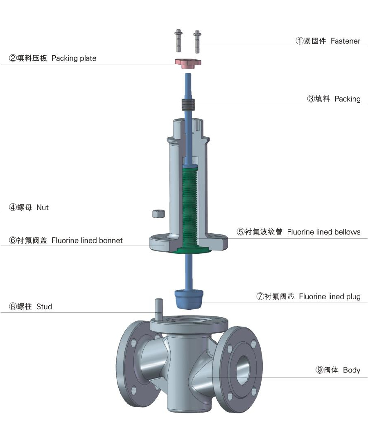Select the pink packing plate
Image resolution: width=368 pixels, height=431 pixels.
[x=187, y=63]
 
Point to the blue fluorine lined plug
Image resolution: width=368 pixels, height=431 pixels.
[x=189, y=298]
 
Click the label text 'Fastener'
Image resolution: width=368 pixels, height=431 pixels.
[x=345, y=41]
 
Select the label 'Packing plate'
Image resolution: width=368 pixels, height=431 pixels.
[x=74, y=59]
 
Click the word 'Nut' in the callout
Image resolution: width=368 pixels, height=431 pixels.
[x=43, y=208]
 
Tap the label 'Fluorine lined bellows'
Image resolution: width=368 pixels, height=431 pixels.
[x=324, y=232]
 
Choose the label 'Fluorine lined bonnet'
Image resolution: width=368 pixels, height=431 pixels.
[x=87, y=241]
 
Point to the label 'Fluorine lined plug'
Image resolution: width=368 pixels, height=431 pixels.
[x=330, y=296]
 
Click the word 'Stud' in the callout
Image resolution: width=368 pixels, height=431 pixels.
[x=44, y=306]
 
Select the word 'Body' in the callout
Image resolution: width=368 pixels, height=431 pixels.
[x=351, y=370]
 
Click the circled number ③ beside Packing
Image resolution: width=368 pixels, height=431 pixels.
[x=311, y=99]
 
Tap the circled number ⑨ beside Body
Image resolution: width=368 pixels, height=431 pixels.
[x=319, y=370]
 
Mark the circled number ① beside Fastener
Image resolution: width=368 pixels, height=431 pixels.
[x=300, y=41]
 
